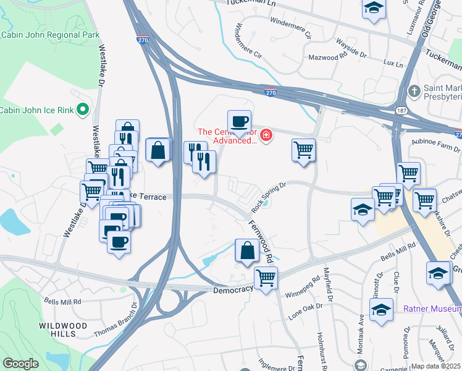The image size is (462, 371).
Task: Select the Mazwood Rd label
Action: coord(327,57)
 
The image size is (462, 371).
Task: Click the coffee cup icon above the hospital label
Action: coord(239,121)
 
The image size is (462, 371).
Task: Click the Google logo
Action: coord(20,364)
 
